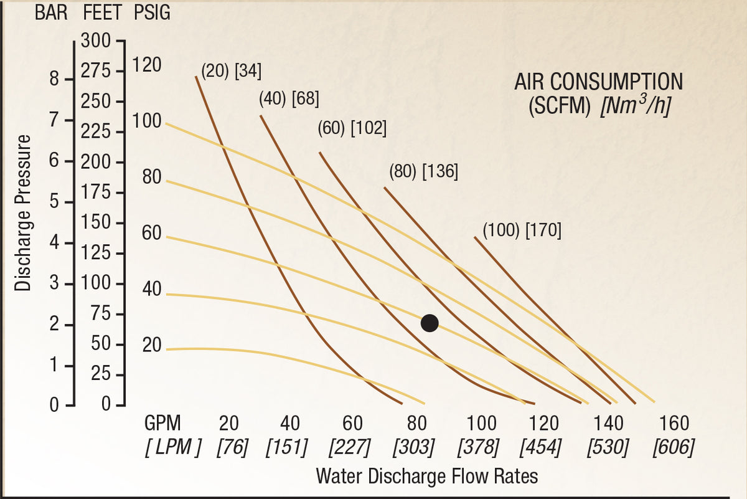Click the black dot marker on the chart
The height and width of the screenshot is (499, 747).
[x=430, y=323]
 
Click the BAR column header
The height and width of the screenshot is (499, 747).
[x=51, y=12]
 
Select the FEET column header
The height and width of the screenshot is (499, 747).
[x=102, y=12]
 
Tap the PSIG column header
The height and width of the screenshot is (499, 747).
[x=152, y=12]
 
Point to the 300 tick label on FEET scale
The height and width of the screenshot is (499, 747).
[x=96, y=40]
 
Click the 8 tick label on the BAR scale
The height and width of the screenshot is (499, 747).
[x=54, y=80]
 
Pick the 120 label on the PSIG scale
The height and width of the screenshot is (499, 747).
[x=147, y=64]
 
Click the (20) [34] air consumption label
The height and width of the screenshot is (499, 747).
[x=232, y=71]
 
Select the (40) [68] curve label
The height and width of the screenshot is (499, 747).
[x=289, y=99]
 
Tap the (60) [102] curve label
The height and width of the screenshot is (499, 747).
[x=352, y=128]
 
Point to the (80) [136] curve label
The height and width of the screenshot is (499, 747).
[x=423, y=171]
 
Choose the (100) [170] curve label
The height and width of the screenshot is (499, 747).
[x=522, y=230]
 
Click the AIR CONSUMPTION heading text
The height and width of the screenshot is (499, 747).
[x=599, y=82]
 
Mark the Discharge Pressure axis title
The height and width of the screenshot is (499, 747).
[x=22, y=213]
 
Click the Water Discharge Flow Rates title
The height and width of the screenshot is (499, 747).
[x=427, y=475]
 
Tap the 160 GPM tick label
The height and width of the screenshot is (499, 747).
[x=674, y=423]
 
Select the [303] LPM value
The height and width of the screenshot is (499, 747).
[x=413, y=447]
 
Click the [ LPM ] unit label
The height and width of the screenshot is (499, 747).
[x=173, y=447]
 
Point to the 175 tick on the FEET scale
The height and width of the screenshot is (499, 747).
[x=96, y=192]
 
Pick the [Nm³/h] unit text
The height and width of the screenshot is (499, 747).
[x=636, y=105]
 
